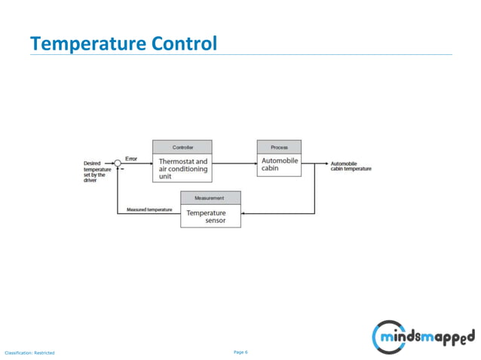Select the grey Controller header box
182,147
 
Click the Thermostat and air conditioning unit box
182,169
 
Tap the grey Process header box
279,147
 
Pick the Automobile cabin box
279,165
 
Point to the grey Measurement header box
210,197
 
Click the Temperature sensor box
210,217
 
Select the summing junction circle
118,163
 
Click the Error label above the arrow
131,157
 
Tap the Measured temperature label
149,209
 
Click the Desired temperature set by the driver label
96,171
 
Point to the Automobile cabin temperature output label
351,166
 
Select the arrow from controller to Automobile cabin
234,163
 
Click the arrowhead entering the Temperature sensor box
244,213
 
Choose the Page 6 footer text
241,352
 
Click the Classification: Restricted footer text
29,352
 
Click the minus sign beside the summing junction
122,170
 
